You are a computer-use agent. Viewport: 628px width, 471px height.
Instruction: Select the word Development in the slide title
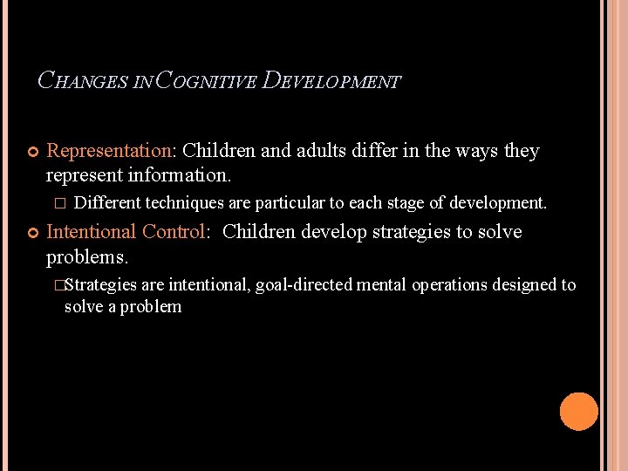(x=331, y=82)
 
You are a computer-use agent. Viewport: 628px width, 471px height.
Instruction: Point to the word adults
(x=322, y=151)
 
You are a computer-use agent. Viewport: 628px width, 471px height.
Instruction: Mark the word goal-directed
(x=304, y=285)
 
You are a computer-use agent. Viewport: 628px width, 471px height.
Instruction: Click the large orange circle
(x=578, y=412)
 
